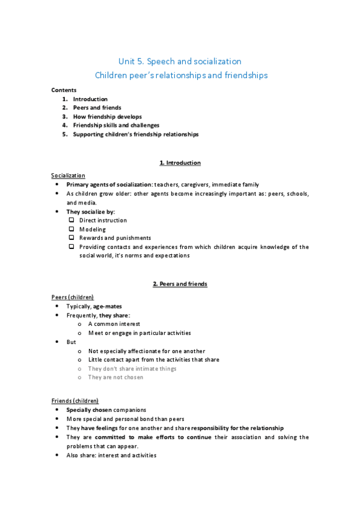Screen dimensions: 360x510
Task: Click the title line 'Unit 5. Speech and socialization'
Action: click(x=180, y=61)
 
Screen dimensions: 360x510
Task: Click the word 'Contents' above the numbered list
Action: click(x=64, y=90)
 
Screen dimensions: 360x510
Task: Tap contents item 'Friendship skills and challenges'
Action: click(x=116, y=125)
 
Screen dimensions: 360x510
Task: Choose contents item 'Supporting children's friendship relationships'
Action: click(x=135, y=134)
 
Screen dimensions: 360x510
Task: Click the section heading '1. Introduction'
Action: click(x=180, y=163)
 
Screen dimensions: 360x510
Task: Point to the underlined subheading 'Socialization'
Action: click(x=68, y=175)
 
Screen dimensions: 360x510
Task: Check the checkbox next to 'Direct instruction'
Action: click(x=72, y=220)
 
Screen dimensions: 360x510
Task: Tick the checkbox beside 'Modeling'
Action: click(x=72, y=229)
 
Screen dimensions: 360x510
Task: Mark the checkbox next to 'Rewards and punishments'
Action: click(x=72, y=238)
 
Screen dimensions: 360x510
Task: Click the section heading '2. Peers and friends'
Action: click(x=180, y=284)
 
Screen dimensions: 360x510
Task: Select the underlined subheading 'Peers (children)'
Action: click(x=72, y=297)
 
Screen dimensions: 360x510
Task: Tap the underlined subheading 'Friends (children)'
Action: click(x=75, y=401)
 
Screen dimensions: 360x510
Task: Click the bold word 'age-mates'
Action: click(x=108, y=306)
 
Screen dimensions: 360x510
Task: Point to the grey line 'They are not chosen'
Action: click(x=115, y=377)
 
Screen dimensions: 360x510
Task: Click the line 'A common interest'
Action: click(x=114, y=324)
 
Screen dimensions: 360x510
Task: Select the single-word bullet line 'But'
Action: click(x=71, y=342)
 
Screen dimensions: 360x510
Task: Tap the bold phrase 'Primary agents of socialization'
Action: click(x=108, y=185)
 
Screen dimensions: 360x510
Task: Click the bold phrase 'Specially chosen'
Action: click(x=90, y=410)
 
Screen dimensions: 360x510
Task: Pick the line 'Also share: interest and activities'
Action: click(x=111, y=455)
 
